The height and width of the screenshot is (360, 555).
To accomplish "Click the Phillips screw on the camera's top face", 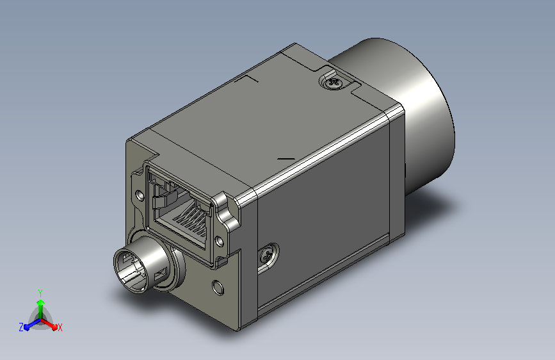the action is click(x=334, y=83).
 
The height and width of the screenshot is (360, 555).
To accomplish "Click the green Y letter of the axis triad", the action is click(x=40, y=293).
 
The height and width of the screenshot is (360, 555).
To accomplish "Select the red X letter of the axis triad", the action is click(x=60, y=327).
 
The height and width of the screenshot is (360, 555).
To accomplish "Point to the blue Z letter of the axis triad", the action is click(x=21, y=327).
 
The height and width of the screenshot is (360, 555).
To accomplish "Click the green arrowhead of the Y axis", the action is click(x=41, y=303).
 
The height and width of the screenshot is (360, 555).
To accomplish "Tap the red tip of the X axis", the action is click(x=54, y=327).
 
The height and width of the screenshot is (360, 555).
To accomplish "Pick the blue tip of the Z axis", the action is click(x=26, y=327).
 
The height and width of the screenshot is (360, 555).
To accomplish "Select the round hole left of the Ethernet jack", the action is click(x=140, y=195).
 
